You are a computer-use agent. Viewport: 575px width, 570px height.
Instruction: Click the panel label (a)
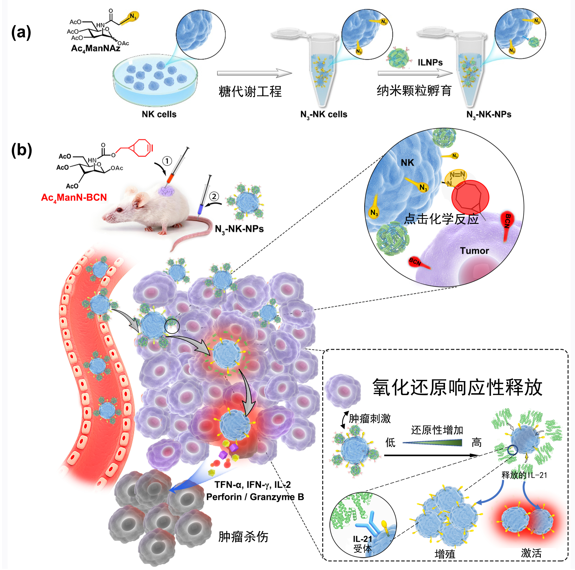pos(21,33)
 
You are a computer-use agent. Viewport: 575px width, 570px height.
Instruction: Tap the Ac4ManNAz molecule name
pos(95,48)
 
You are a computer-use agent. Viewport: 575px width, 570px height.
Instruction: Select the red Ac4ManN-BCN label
pos(74,198)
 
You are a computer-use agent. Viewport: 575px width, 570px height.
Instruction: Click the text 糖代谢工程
pos(250,91)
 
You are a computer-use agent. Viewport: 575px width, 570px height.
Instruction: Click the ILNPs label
pos(430,62)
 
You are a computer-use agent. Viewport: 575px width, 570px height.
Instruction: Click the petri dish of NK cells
pos(155,80)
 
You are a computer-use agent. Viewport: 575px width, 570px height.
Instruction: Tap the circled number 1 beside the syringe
pos(167,161)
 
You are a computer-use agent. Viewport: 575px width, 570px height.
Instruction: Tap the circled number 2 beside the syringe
pos(214,196)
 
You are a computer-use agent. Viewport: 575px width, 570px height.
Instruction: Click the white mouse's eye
pos(119,210)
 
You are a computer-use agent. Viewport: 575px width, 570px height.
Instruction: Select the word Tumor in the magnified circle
pos(474,251)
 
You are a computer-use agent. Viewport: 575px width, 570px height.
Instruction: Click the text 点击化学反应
pos(441,219)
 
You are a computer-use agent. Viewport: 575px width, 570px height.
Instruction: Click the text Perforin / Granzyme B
pos(255,497)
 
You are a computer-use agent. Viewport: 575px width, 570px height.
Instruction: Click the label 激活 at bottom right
pos(531,553)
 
